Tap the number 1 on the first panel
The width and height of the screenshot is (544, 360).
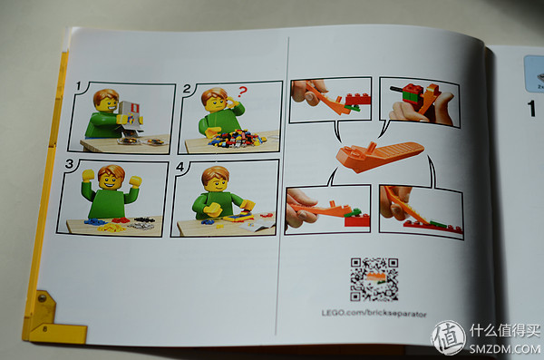(x=79, y=87)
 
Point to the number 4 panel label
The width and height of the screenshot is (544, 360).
(x=180, y=166)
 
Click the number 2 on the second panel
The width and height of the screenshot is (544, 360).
(x=188, y=89)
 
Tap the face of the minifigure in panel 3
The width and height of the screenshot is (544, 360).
(x=111, y=178)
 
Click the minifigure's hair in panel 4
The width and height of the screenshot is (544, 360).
(x=214, y=172)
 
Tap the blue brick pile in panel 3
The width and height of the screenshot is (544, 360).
(x=96, y=220)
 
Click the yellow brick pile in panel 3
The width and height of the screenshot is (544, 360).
(x=113, y=227)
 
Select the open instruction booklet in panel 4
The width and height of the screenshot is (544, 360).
(x=259, y=218)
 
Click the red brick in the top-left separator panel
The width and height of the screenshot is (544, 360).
(x=356, y=99)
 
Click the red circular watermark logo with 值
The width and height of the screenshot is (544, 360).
(x=448, y=337)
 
